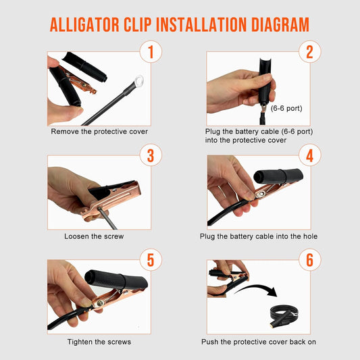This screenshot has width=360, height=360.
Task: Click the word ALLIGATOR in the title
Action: coord(84,24)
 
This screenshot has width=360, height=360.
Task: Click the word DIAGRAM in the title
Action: coord(280,24)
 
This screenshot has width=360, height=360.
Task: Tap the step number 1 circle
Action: coord(151,51)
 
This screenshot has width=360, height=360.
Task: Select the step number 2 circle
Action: coord(310,51)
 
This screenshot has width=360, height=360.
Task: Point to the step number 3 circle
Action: coord(151,155)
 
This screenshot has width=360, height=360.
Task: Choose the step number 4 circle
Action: coord(310,155)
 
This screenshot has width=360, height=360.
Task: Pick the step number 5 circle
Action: coord(151,260)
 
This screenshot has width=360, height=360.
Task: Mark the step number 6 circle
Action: coord(310,260)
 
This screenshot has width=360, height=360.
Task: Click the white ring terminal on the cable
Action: coord(138,81)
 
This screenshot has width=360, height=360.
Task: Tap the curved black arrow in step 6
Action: coord(258,287)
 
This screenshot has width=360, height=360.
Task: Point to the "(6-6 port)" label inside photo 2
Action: coord(286,108)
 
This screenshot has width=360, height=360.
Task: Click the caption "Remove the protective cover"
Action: coord(99,132)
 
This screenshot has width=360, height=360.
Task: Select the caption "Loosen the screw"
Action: coord(94,236)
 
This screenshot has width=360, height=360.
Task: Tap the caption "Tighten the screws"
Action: coord(99,342)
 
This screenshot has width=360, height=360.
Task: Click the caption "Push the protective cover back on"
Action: coord(259,342)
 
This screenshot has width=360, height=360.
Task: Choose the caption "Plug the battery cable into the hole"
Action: coord(259,236)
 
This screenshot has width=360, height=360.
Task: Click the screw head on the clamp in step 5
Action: coord(100,303)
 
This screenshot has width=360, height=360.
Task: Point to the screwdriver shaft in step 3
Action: coord(107,218)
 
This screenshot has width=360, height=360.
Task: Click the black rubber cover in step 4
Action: coord(278,176)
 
